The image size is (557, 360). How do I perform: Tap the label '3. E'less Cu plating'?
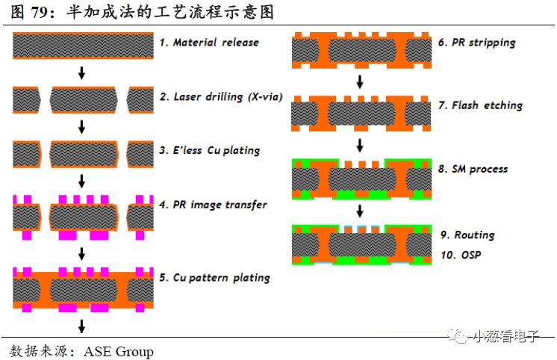coord(209,150)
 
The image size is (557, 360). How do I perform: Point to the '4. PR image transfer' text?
coord(213,204)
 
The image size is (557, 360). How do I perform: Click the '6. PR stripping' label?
coord(477,43)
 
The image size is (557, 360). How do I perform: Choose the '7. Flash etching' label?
coord(480,106)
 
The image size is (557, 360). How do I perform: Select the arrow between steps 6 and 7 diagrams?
coord(360,80)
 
